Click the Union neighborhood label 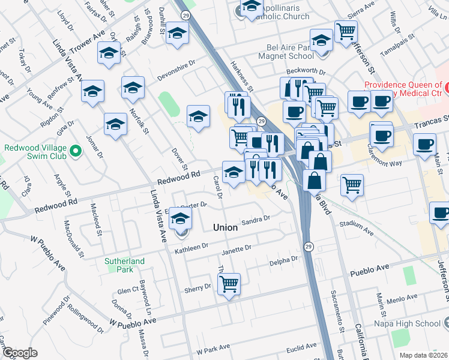226,227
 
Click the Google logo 19,353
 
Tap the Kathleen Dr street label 191,247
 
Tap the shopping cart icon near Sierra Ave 346,31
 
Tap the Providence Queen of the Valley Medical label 403,89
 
